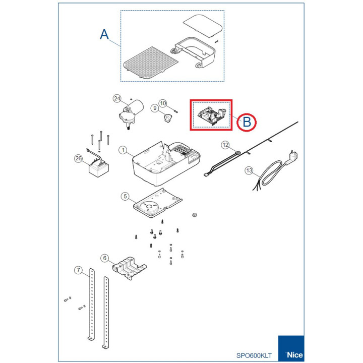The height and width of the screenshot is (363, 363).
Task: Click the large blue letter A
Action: (104, 34)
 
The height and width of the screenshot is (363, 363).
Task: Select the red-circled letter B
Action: (247, 122)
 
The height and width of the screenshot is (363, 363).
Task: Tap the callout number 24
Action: (117, 98)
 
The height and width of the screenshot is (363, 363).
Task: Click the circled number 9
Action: (155, 108)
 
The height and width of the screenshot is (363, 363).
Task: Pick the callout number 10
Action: (163, 103)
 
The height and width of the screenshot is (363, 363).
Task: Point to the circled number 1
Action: (123, 150)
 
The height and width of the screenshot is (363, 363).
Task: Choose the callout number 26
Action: (79, 158)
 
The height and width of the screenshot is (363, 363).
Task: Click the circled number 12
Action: (225, 145)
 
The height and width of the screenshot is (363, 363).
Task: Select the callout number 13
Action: (249, 170)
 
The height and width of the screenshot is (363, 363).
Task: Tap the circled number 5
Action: (125, 196)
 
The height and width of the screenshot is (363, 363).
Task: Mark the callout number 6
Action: (105, 258)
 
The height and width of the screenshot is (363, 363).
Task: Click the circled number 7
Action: (79, 270)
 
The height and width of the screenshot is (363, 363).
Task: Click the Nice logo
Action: (291, 348)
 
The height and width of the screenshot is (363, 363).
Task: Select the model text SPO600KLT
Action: (254, 355)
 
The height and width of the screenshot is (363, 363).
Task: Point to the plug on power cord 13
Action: (292, 157)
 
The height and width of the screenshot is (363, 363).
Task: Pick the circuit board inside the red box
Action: (212, 115)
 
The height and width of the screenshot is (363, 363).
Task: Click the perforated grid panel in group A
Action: (151, 63)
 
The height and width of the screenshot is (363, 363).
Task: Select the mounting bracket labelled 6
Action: (130, 268)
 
